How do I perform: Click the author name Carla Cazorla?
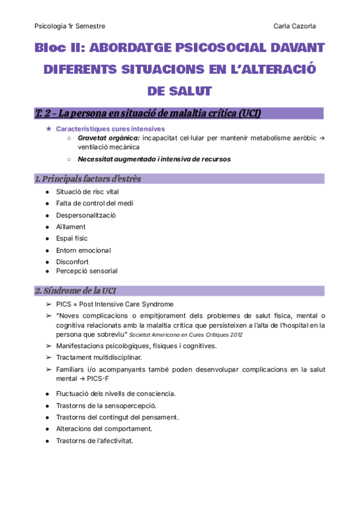point(295,26)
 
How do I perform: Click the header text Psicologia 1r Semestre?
point(70,26)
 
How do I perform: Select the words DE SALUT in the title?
point(179,91)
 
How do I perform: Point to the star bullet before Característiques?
point(49,129)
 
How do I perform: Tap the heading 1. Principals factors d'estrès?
point(88,179)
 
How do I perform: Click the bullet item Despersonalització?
point(86,215)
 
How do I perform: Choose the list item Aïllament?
point(71,227)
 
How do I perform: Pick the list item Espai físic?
point(71,238)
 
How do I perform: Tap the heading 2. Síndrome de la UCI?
point(75,291)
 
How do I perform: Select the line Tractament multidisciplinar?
point(99,357)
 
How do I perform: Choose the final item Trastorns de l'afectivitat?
point(94,441)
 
